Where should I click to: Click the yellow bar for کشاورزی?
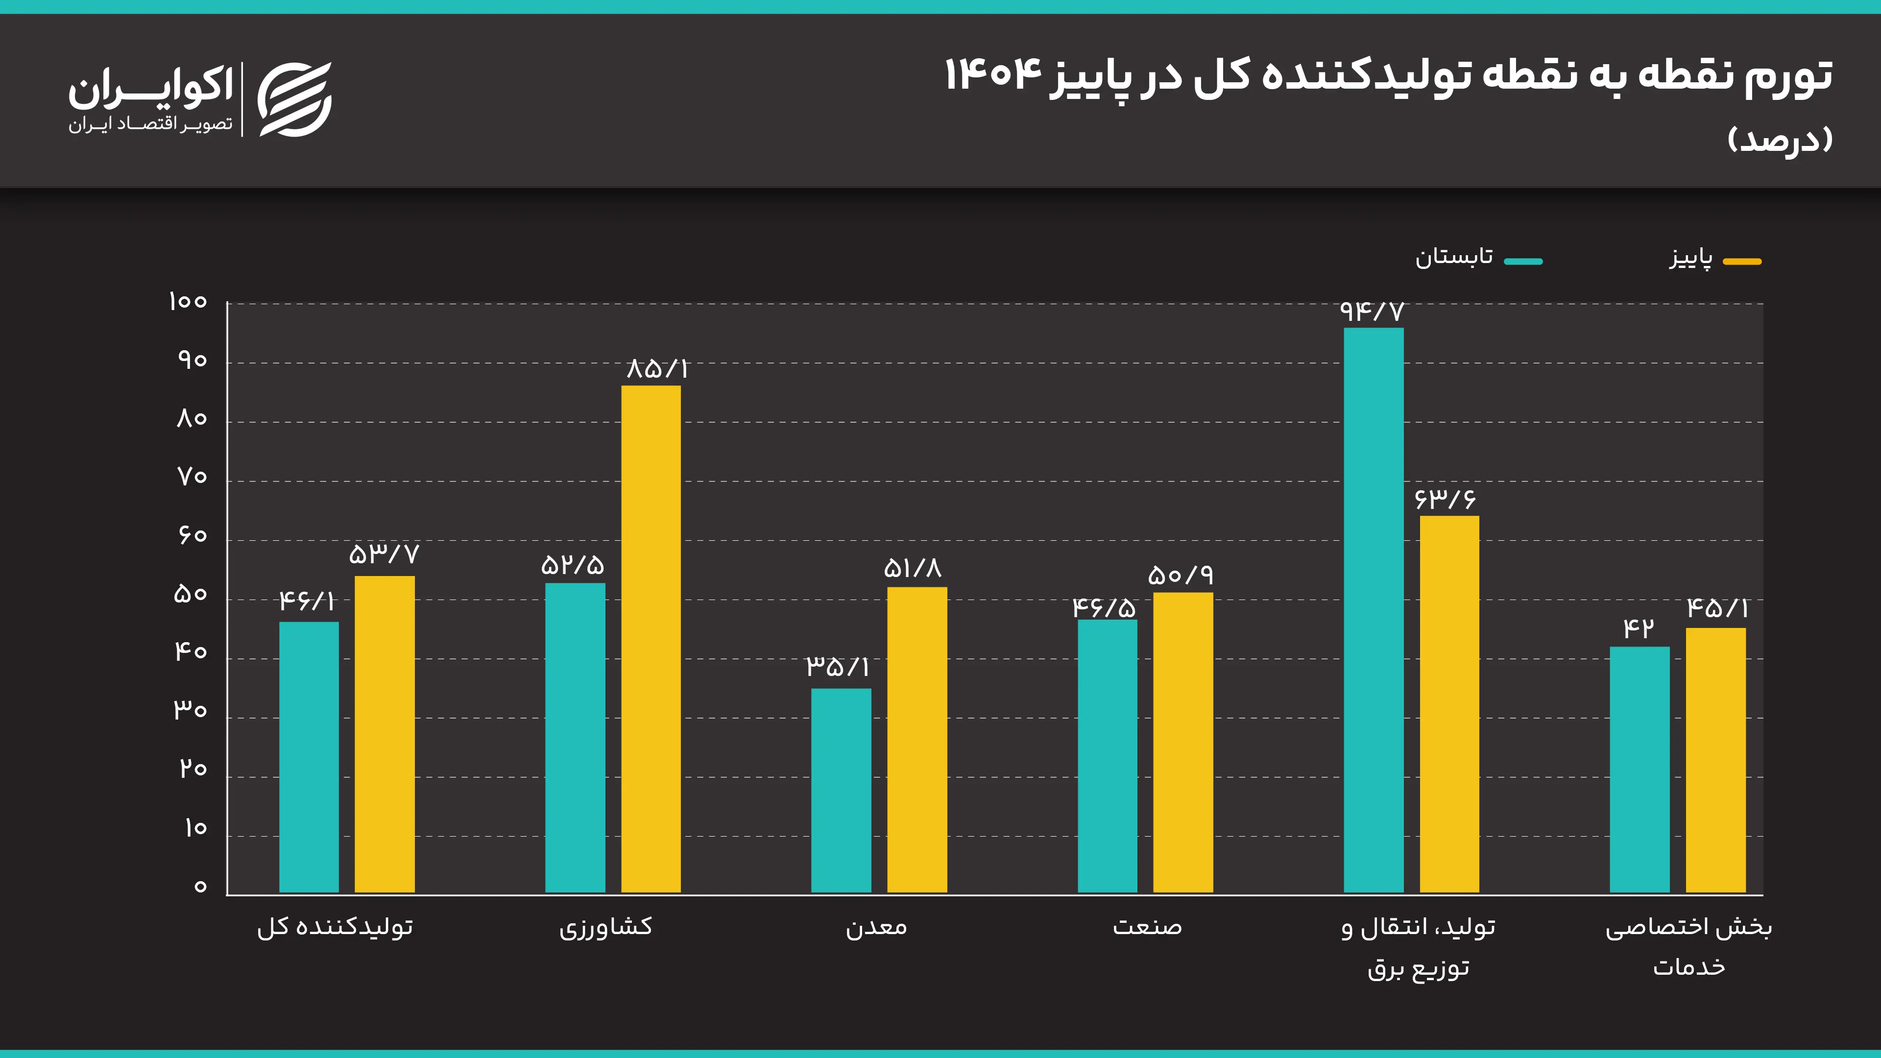tap(651, 639)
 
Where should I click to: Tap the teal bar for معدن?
tap(841, 790)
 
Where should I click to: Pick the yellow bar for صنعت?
tap(1183, 742)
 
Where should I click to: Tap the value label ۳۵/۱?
tap(838, 666)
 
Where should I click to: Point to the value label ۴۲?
tap(1639, 628)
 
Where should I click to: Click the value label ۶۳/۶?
tap(1445, 500)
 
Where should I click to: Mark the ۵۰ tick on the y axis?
tap(191, 594)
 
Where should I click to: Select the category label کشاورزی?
tap(605, 927)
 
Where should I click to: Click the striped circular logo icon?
tap(294, 99)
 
